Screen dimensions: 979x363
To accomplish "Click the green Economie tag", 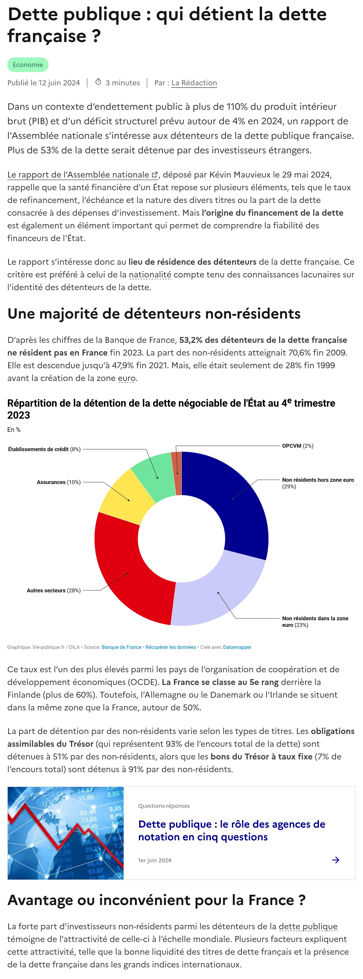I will (x=28, y=65).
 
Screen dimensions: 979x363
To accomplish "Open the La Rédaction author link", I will (x=194, y=83).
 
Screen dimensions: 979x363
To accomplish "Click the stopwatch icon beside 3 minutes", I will (x=98, y=82).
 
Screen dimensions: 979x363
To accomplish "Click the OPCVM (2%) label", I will (x=297, y=446).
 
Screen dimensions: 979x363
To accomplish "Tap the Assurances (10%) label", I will (x=59, y=482).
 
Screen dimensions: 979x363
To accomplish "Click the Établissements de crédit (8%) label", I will (x=44, y=449).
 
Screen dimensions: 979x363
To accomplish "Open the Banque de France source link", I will (x=122, y=647).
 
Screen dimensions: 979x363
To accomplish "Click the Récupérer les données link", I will (x=171, y=647).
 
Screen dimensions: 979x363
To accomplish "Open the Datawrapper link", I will (x=237, y=647).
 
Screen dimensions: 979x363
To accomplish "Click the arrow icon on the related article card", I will (x=336, y=860).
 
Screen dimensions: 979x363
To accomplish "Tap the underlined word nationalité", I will (x=150, y=274).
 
